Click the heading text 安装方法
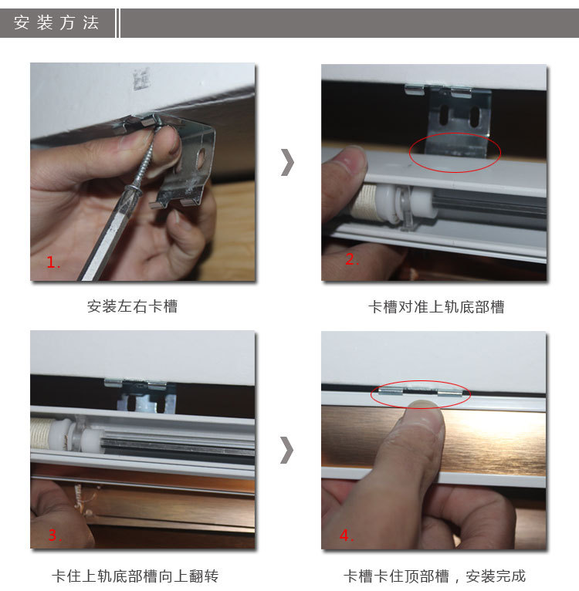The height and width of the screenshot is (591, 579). [x=56, y=22]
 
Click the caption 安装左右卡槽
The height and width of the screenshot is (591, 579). [x=132, y=306]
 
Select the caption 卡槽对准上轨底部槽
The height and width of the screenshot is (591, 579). [x=436, y=307]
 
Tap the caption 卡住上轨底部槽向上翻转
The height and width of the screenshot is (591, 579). [x=135, y=576]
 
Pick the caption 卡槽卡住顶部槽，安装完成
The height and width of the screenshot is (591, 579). [x=435, y=576]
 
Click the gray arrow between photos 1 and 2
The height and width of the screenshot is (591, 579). [x=287, y=162]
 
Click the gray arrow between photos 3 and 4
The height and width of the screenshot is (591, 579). [x=287, y=450]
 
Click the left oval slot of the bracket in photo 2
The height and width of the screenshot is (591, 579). [x=444, y=115]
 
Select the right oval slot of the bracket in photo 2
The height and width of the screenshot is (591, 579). [x=474, y=117]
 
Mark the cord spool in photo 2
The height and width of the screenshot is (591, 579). [x=364, y=202]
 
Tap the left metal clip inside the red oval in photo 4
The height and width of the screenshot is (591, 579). [x=391, y=391]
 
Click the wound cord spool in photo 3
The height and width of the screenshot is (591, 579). [x=42, y=433]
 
